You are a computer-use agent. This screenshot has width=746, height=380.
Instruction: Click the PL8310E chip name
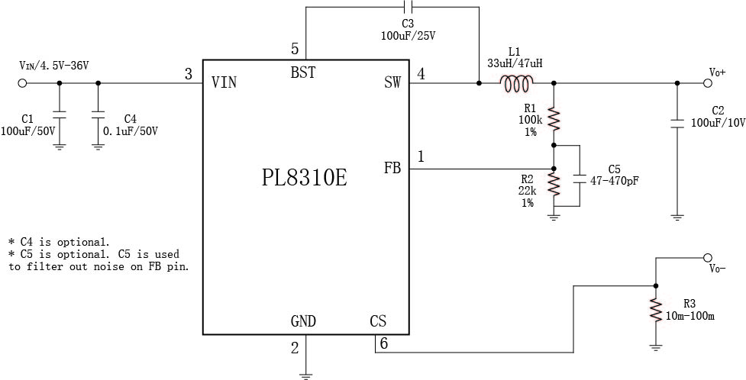click(305, 178)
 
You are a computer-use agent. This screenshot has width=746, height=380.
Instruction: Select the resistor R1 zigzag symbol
click(554, 118)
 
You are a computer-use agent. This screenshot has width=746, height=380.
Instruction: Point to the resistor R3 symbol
click(655, 310)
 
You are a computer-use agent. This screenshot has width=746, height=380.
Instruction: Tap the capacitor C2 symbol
click(677, 121)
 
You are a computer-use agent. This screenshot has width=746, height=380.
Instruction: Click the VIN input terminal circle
click(21, 83)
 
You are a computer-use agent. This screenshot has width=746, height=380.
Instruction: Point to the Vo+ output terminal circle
click(707, 83)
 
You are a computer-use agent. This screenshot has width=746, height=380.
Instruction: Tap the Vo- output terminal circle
click(707, 258)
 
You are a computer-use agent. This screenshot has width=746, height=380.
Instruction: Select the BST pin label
click(303, 72)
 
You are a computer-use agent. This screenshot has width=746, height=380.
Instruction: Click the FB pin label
click(392, 168)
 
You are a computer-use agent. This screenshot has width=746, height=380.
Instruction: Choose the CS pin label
click(378, 321)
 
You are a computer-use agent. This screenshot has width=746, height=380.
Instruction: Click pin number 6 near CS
click(383, 343)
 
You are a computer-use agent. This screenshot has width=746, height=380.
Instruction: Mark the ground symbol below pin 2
click(305, 373)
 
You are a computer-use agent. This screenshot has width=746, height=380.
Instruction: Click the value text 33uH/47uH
click(515, 63)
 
